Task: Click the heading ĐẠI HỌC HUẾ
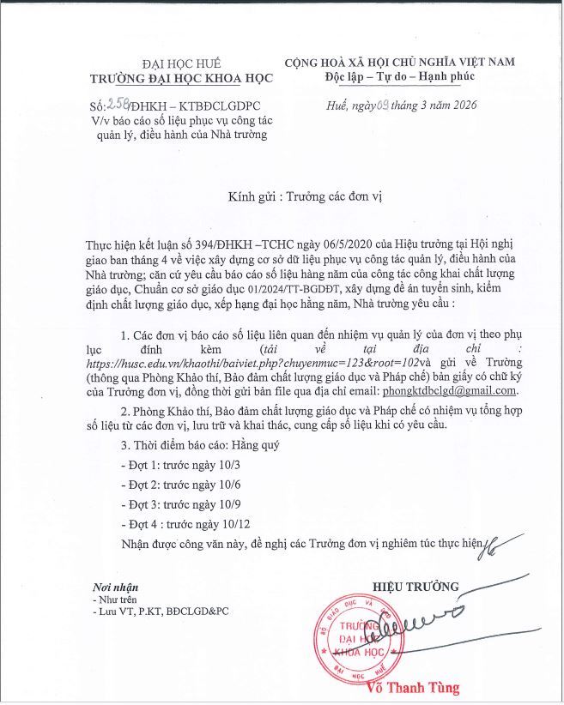tap(181, 63)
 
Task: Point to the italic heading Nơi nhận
tap(114, 587)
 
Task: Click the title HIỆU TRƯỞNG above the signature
tap(416, 587)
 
